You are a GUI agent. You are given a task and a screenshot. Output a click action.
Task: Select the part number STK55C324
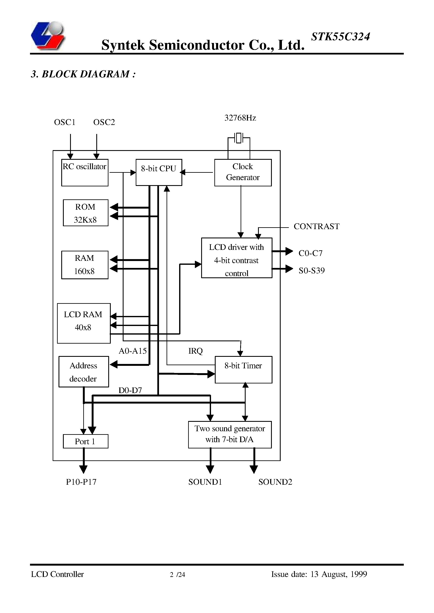pyautogui.click(x=340, y=37)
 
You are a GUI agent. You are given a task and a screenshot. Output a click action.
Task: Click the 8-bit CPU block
pyautogui.click(x=159, y=172)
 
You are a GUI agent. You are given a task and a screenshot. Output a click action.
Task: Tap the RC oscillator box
pyautogui.click(x=85, y=172)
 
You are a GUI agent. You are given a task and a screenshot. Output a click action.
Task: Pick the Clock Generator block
pyautogui.click(x=243, y=172)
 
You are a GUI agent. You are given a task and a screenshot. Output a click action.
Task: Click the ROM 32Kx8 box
pyautogui.click(x=86, y=213)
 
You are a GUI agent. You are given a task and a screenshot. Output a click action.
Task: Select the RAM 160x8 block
pyautogui.click(x=85, y=265)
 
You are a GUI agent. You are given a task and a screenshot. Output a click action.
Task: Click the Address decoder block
pyautogui.click(x=84, y=371)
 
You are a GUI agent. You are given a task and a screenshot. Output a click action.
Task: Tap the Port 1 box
pyautogui.click(x=86, y=441)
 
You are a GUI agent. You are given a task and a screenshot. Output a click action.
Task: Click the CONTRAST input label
pyautogui.click(x=316, y=226)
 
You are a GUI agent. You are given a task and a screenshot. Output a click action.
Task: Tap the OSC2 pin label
pyautogui.click(x=104, y=122)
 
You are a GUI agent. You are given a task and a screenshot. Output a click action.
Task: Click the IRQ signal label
pyautogui.click(x=195, y=351)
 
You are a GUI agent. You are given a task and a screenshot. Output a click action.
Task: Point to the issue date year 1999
pyautogui.click(x=359, y=574)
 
